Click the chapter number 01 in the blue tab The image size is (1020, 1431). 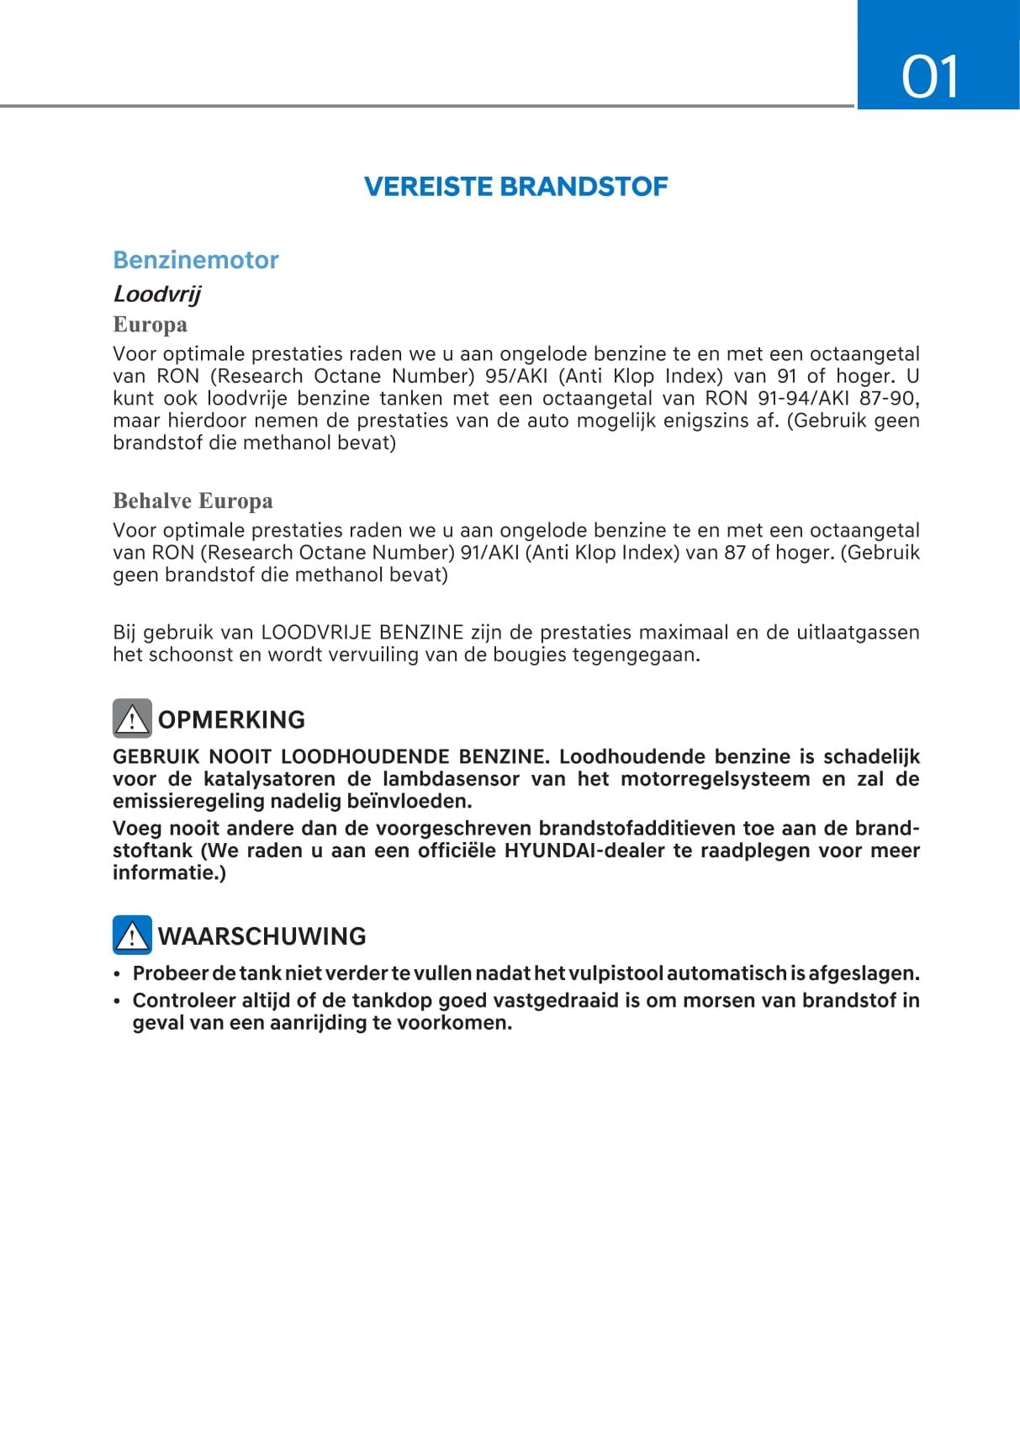click(x=930, y=77)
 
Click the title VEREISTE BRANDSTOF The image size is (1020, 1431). click(x=515, y=187)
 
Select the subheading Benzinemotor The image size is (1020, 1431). click(x=196, y=260)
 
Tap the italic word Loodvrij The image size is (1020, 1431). click(x=157, y=294)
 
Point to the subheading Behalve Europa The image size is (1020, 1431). click(x=193, y=501)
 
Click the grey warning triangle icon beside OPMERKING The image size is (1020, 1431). click(x=132, y=718)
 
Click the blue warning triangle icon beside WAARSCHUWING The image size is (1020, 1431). click(x=132, y=935)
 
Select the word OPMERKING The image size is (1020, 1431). click(x=231, y=720)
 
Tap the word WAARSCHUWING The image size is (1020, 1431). click(x=262, y=936)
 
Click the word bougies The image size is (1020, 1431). click(x=533, y=655)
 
